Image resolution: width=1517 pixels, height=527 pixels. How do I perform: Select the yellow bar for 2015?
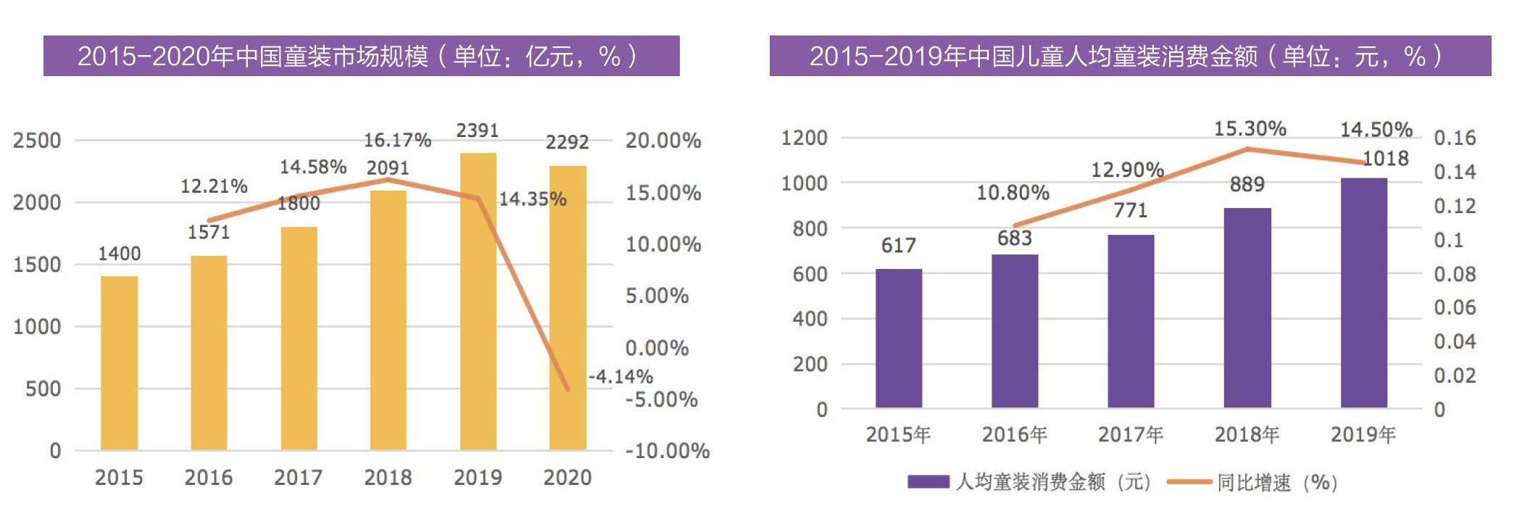click(x=119, y=362)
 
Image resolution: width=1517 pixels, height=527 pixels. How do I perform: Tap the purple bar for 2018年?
click(x=1247, y=308)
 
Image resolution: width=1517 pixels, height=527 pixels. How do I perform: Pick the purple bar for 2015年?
click(x=898, y=339)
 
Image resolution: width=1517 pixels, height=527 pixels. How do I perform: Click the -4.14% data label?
click(x=620, y=377)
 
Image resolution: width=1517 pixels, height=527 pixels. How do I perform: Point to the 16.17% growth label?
click(x=397, y=140)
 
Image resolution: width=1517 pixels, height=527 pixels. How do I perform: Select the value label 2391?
click(x=478, y=130)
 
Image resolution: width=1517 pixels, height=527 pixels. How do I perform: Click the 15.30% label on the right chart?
click(x=1250, y=129)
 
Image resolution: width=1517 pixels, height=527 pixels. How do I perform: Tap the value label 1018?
click(x=1385, y=159)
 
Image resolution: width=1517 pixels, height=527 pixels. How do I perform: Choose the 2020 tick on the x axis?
click(x=568, y=478)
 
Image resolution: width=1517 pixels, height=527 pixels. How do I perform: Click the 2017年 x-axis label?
click(x=1131, y=435)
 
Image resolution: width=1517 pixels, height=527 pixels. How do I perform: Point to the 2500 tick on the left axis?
click(x=37, y=141)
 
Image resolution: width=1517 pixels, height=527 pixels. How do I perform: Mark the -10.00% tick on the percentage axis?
click(x=667, y=451)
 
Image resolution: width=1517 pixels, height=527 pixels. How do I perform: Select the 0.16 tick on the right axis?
click(x=1454, y=138)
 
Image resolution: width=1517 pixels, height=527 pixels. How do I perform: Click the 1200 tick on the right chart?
click(x=804, y=138)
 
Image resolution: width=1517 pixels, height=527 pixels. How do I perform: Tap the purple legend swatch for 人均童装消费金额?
click(x=928, y=482)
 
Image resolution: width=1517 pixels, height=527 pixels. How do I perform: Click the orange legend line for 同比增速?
click(x=1189, y=482)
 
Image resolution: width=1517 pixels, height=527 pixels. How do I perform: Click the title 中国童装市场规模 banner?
click(x=361, y=56)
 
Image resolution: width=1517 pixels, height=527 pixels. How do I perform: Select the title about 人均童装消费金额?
click(x=1129, y=56)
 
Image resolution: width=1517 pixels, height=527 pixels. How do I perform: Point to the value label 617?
click(x=898, y=246)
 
